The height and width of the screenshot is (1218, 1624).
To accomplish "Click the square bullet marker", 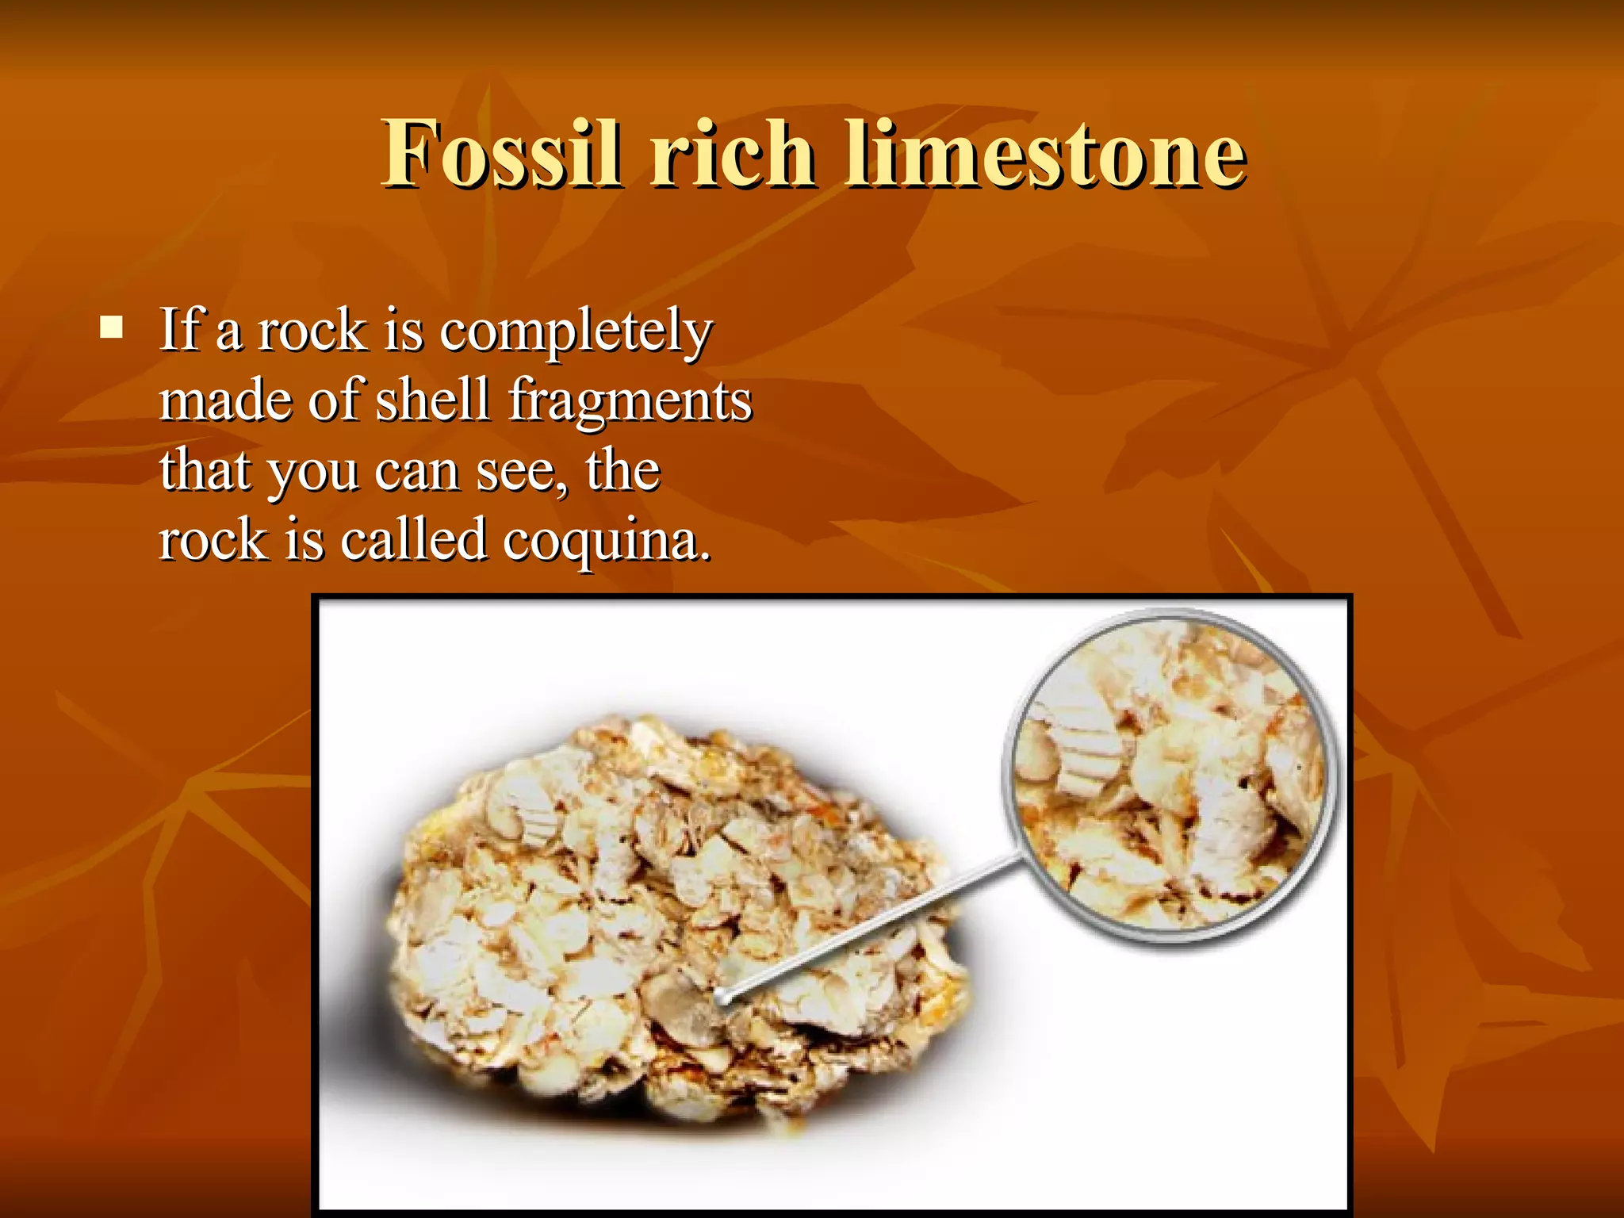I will [112, 327].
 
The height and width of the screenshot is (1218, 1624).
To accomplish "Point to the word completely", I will [576, 331].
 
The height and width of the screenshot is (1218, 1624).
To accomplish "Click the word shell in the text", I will [432, 400].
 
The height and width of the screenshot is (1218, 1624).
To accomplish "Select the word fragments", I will [630, 401].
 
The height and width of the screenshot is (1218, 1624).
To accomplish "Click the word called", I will [412, 540].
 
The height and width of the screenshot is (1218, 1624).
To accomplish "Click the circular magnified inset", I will [1170, 775].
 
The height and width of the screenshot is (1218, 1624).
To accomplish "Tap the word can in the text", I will [416, 471].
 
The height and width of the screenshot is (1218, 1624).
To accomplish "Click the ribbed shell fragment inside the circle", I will [1086, 741].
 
